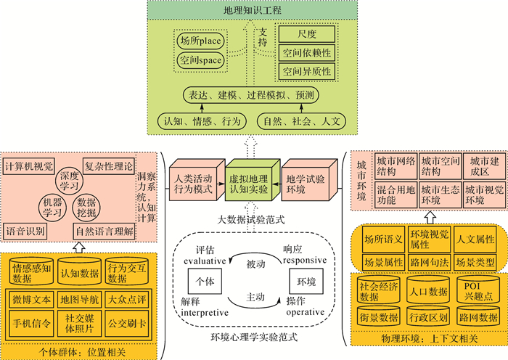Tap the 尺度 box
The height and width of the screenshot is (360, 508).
306,35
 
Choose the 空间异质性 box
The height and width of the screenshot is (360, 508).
306,71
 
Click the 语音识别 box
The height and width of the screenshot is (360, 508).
27,232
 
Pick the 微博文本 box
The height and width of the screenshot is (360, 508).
31,298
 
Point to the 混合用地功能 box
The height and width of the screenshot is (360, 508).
394,195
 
